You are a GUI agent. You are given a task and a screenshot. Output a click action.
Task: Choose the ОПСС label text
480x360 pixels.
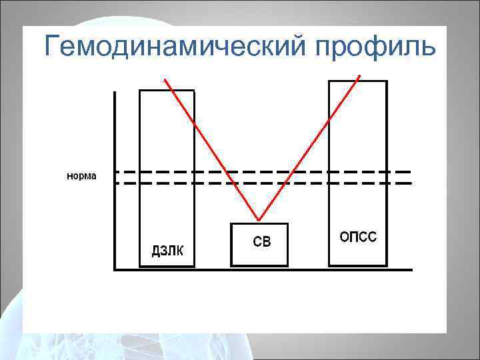(x=358, y=237)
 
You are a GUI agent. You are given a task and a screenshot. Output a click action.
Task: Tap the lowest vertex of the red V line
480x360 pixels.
(x=259, y=220)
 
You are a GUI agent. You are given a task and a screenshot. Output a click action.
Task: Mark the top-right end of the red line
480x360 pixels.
(x=360, y=75)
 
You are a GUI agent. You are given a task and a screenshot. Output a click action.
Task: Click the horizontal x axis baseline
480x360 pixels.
(x=300, y=269)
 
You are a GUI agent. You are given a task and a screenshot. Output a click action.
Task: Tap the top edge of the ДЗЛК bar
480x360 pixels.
(x=167, y=90)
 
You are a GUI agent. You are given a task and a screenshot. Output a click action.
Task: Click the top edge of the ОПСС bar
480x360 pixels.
(x=358, y=81)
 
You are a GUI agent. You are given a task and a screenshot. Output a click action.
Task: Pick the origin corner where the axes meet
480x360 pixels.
(x=115, y=269)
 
